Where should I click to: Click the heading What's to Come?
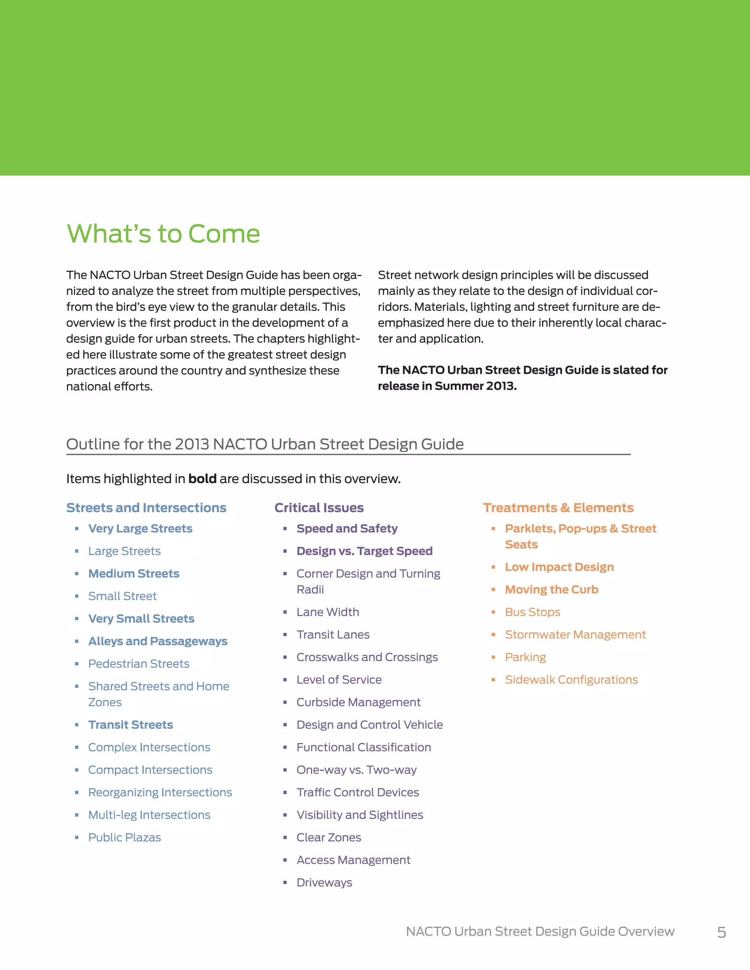click(163, 234)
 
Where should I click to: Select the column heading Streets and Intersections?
click(146, 508)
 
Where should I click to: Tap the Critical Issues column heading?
click(319, 508)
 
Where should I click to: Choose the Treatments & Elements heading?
click(558, 508)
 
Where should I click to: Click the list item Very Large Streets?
click(140, 529)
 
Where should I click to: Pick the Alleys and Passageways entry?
click(158, 641)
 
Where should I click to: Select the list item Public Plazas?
click(125, 837)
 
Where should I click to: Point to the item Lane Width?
click(327, 612)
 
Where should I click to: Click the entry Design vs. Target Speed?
click(364, 551)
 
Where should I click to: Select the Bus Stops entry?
click(532, 612)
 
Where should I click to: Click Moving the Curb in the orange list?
click(552, 589)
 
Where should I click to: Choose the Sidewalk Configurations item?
click(571, 679)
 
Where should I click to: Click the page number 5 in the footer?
click(721, 932)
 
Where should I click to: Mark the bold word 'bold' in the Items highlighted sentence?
click(202, 479)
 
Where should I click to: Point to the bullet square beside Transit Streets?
click(77, 725)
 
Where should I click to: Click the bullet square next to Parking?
click(493, 657)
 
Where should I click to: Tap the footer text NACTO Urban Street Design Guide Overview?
click(540, 931)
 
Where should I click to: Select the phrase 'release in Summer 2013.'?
click(447, 386)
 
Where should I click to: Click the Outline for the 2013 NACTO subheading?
click(265, 444)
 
